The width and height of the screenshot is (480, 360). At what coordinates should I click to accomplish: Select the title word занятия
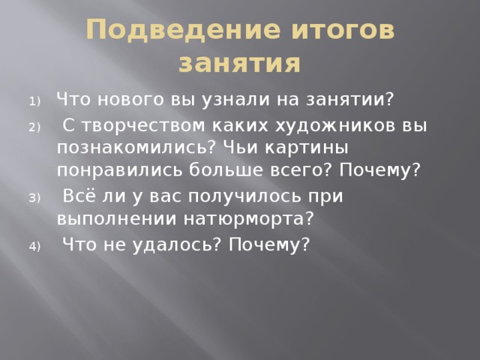click(x=240, y=64)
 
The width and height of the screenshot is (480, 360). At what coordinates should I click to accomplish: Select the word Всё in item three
click(x=79, y=196)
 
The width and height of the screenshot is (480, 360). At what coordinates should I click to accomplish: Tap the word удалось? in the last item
click(x=172, y=244)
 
